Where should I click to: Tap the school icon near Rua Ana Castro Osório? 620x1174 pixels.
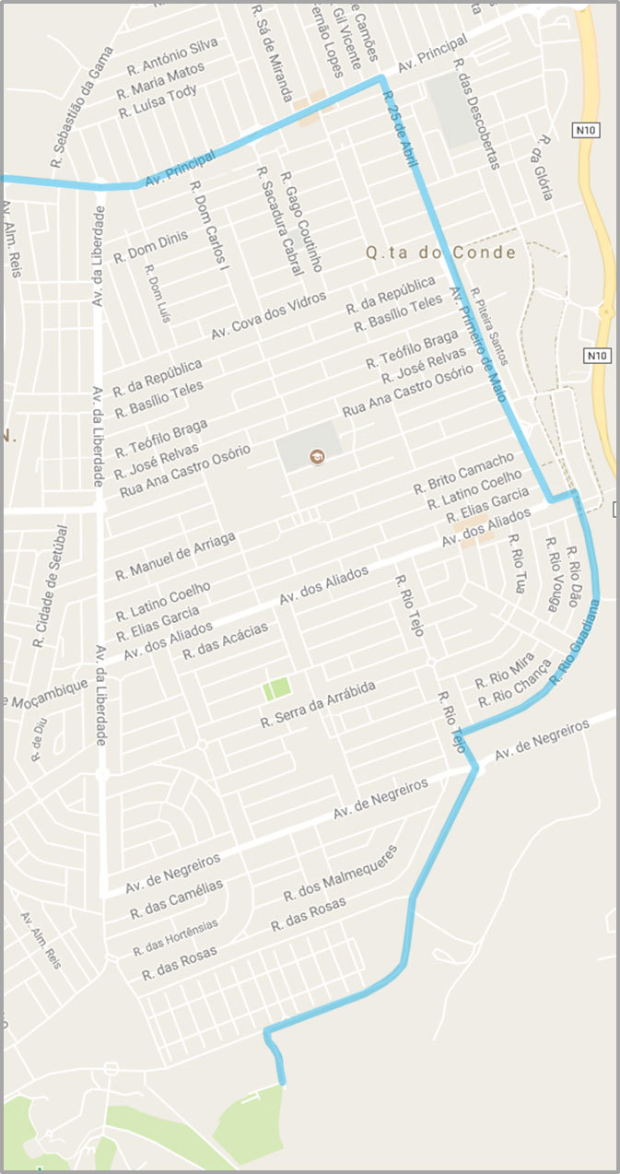(317, 456)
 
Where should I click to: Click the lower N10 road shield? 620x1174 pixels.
(598, 355)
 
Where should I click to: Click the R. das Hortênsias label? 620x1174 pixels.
(176, 937)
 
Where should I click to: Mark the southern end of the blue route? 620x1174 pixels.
(282, 1084)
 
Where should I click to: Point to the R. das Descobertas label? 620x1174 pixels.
(477, 114)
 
